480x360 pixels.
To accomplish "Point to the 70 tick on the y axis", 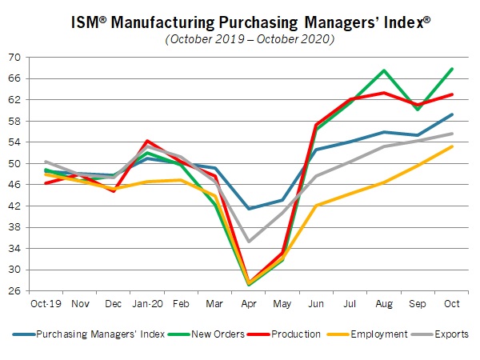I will (x=15, y=57).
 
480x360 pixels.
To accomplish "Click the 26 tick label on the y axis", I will (x=15, y=291).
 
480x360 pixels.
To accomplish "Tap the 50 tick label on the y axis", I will (x=15, y=163).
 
